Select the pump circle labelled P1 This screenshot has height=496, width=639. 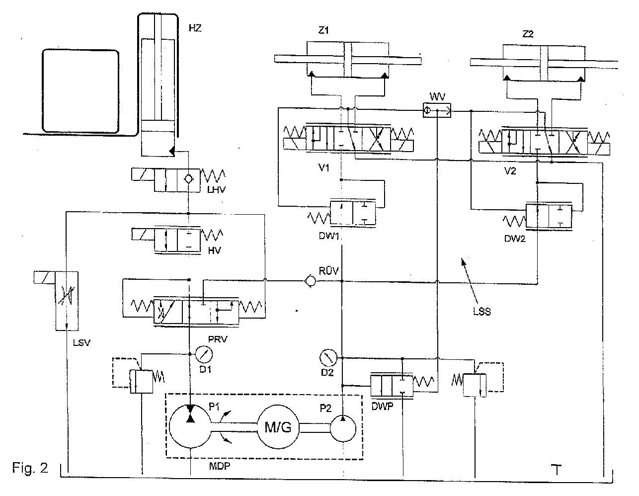(x=190, y=426)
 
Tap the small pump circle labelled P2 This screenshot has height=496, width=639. (x=343, y=429)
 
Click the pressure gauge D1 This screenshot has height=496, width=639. (x=204, y=354)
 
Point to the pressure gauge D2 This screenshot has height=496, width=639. (x=328, y=358)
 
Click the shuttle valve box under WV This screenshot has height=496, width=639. (x=437, y=110)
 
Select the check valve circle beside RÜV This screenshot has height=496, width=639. (x=310, y=281)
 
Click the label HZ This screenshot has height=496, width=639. (x=195, y=28)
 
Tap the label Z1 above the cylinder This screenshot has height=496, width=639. (x=323, y=30)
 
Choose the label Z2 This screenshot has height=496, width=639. (x=528, y=34)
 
